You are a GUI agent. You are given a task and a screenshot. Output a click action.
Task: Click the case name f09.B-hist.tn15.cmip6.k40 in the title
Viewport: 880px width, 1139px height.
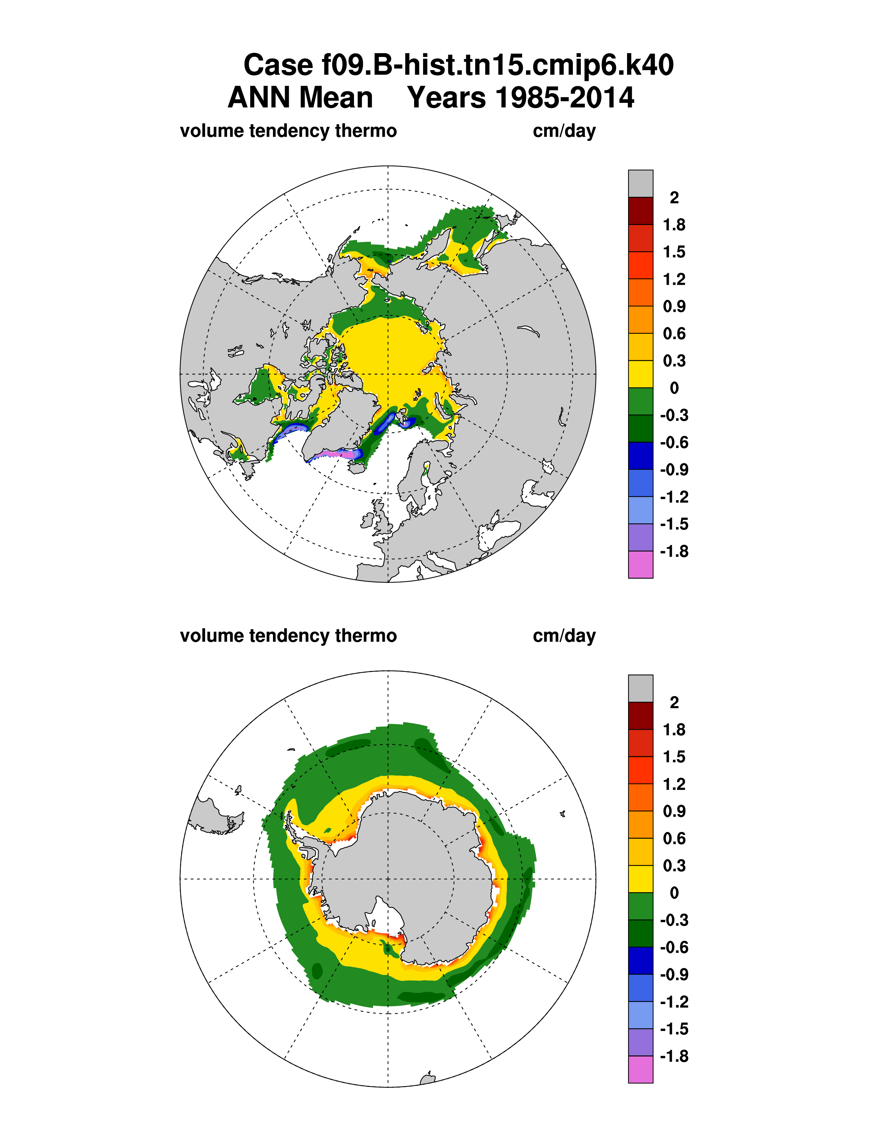pos(458,65)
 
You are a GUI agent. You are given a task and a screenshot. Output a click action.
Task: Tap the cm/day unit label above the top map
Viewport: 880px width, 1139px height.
pos(564,131)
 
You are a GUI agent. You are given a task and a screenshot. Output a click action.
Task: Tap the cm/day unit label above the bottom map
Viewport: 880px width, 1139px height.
pos(564,636)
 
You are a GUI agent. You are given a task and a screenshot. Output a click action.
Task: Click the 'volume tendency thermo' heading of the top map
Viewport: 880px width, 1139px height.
pos(288,131)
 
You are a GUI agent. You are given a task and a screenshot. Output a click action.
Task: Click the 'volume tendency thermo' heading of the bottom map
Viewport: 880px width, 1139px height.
pos(288,636)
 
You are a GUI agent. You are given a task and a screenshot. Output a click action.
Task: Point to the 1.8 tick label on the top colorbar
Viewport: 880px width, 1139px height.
pos(674,225)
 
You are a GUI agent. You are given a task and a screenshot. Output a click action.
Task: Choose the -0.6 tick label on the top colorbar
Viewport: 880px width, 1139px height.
pos(674,442)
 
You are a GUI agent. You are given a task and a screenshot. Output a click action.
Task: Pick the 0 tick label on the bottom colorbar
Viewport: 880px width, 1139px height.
pos(674,893)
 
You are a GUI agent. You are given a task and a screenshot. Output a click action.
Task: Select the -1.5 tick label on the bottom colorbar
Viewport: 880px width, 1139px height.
pos(674,1029)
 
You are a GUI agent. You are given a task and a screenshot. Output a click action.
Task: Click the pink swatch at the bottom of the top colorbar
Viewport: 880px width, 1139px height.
pos(640,564)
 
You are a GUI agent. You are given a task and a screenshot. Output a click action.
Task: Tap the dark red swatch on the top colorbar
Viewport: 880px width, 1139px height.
pos(640,211)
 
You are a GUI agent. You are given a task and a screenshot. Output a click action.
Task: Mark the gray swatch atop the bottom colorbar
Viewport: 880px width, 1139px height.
pos(640,689)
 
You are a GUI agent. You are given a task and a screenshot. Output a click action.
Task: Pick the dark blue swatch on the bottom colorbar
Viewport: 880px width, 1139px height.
pos(640,961)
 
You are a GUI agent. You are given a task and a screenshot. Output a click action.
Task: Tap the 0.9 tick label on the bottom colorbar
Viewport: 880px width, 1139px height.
pos(674,811)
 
